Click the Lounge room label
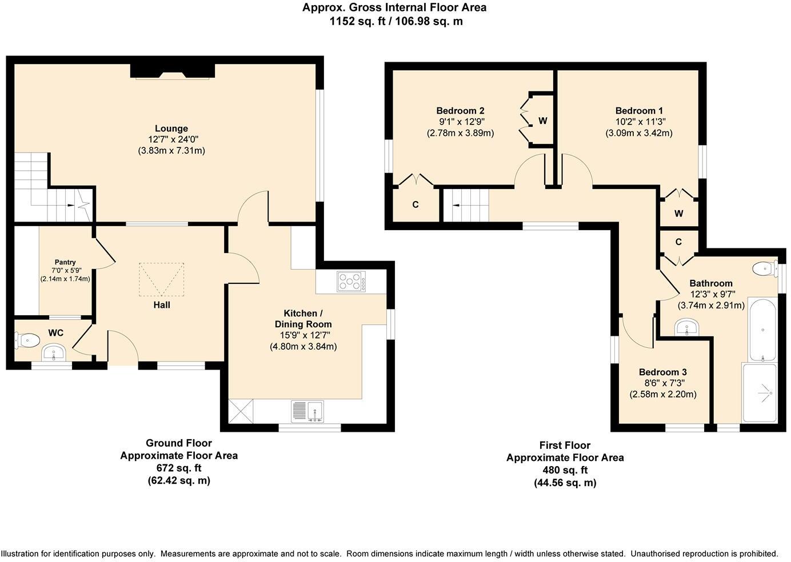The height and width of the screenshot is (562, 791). [x=171, y=129]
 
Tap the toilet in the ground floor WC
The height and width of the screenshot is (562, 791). [x=27, y=340]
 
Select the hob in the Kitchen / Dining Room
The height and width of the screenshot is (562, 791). [x=351, y=281]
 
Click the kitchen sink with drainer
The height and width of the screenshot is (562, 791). [x=307, y=411]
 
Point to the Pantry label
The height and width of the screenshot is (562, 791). [x=65, y=262]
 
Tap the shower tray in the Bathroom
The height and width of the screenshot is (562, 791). [x=760, y=393]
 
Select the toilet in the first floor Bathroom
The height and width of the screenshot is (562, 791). [x=765, y=269]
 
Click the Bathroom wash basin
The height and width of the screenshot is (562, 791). [x=687, y=327]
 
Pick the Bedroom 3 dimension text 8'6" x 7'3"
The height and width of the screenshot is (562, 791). [x=663, y=383]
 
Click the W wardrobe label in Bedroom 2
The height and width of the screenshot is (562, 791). [x=543, y=121]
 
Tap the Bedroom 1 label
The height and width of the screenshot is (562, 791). [x=639, y=111]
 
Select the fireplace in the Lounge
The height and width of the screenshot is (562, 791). [x=173, y=71]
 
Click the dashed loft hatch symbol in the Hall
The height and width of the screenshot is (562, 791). [x=161, y=279]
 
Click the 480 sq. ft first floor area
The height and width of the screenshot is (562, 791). [x=565, y=470]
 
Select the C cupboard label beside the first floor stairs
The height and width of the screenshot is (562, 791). [x=416, y=204]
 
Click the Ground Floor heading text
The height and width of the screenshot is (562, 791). [x=179, y=443]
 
